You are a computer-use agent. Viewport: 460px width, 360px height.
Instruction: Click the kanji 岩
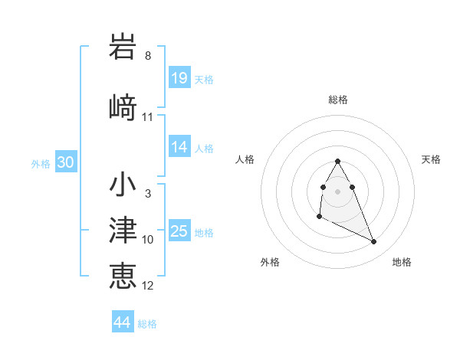click(123, 47)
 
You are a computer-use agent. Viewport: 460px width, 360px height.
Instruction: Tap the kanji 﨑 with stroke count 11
click(123, 107)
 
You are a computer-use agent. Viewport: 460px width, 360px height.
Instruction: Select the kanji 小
click(123, 185)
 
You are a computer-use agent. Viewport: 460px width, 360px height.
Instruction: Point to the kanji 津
click(123, 231)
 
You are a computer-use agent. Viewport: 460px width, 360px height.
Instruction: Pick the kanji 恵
click(123, 275)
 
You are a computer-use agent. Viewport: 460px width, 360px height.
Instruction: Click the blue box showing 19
click(179, 78)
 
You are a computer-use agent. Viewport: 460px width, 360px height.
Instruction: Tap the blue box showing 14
click(179, 147)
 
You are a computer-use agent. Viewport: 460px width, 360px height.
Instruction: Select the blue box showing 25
click(179, 231)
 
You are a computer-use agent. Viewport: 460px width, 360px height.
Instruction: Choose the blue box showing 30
click(65, 163)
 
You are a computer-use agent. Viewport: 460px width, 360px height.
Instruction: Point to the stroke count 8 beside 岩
click(148, 56)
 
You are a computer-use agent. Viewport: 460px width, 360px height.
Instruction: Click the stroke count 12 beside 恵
click(148, 285)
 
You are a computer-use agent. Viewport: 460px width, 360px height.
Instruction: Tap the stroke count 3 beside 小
click(148, 195)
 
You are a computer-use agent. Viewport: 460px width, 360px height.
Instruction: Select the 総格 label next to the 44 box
click(147, 324)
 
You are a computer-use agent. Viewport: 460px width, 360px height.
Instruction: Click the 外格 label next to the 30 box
click(41, 164)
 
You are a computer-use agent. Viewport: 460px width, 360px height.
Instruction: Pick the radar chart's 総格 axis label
click(338, 100)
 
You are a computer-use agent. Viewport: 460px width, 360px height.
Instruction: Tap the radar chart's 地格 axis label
click(402, 262)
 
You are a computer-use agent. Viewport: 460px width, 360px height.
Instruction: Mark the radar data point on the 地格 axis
click(374, 242)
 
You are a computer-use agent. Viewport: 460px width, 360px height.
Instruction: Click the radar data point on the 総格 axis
click(338, 161)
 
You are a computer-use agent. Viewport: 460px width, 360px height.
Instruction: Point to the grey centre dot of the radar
click(338, 191)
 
